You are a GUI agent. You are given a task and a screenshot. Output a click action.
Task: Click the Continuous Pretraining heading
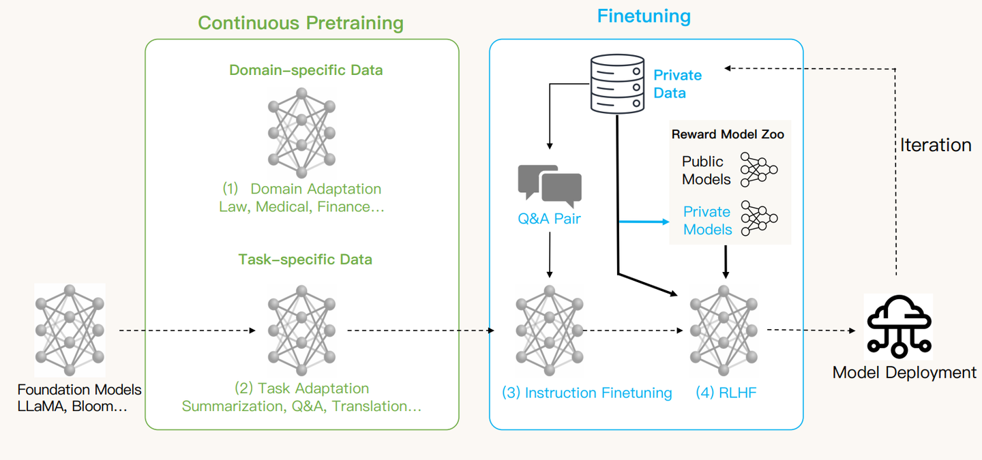click(x=301, y=23)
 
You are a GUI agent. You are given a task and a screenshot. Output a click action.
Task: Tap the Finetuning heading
click(x=644, y=16)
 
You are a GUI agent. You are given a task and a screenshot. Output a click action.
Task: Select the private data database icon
click(x=616, y=84)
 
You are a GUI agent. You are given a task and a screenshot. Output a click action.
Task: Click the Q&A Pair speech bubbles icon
click(x=550, y=185)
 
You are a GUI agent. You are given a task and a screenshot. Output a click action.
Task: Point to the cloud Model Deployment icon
click(x=898, y=326)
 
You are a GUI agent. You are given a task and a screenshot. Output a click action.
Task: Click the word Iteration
click(x=936, y=145)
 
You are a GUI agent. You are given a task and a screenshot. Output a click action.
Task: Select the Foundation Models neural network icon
click(x=70, y=331)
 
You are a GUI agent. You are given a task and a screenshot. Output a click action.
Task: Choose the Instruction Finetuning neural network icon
click(x=549, y=331)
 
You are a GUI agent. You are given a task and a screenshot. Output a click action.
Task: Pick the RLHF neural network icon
click(x=724, y=331)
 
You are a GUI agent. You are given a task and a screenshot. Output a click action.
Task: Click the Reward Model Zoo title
click(x=728, y=134)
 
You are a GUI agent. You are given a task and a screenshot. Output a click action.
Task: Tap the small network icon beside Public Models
click(x=759, y=170)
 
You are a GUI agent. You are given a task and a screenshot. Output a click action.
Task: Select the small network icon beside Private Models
click(x=759, y=219)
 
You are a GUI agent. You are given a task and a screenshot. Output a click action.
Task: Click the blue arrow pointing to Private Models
click(x=644, y=221)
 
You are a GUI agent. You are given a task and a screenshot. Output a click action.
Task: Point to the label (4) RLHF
click(x=726, y=393)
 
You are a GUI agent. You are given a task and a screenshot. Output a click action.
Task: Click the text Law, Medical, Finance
click(x=301, y=206)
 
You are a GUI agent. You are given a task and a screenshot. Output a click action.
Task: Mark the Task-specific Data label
click(x=305, y=259)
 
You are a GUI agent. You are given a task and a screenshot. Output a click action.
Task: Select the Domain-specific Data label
click(x=306, y=70)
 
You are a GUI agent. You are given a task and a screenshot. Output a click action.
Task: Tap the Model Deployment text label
click(x=904, y=373)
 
